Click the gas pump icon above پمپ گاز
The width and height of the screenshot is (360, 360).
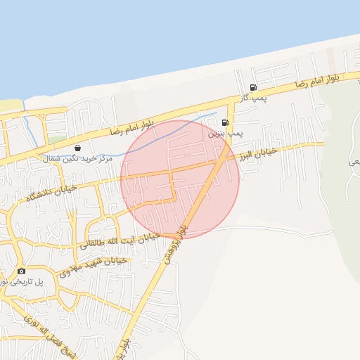click(253, 88)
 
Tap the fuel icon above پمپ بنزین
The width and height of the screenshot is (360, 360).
click(225, 122)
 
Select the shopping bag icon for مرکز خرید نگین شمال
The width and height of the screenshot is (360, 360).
click(77, 148)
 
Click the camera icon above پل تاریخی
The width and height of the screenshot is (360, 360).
click(22, 271)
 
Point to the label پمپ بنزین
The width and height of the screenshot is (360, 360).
click(226, 132)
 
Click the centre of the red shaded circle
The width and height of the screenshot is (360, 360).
click(180, 179)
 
